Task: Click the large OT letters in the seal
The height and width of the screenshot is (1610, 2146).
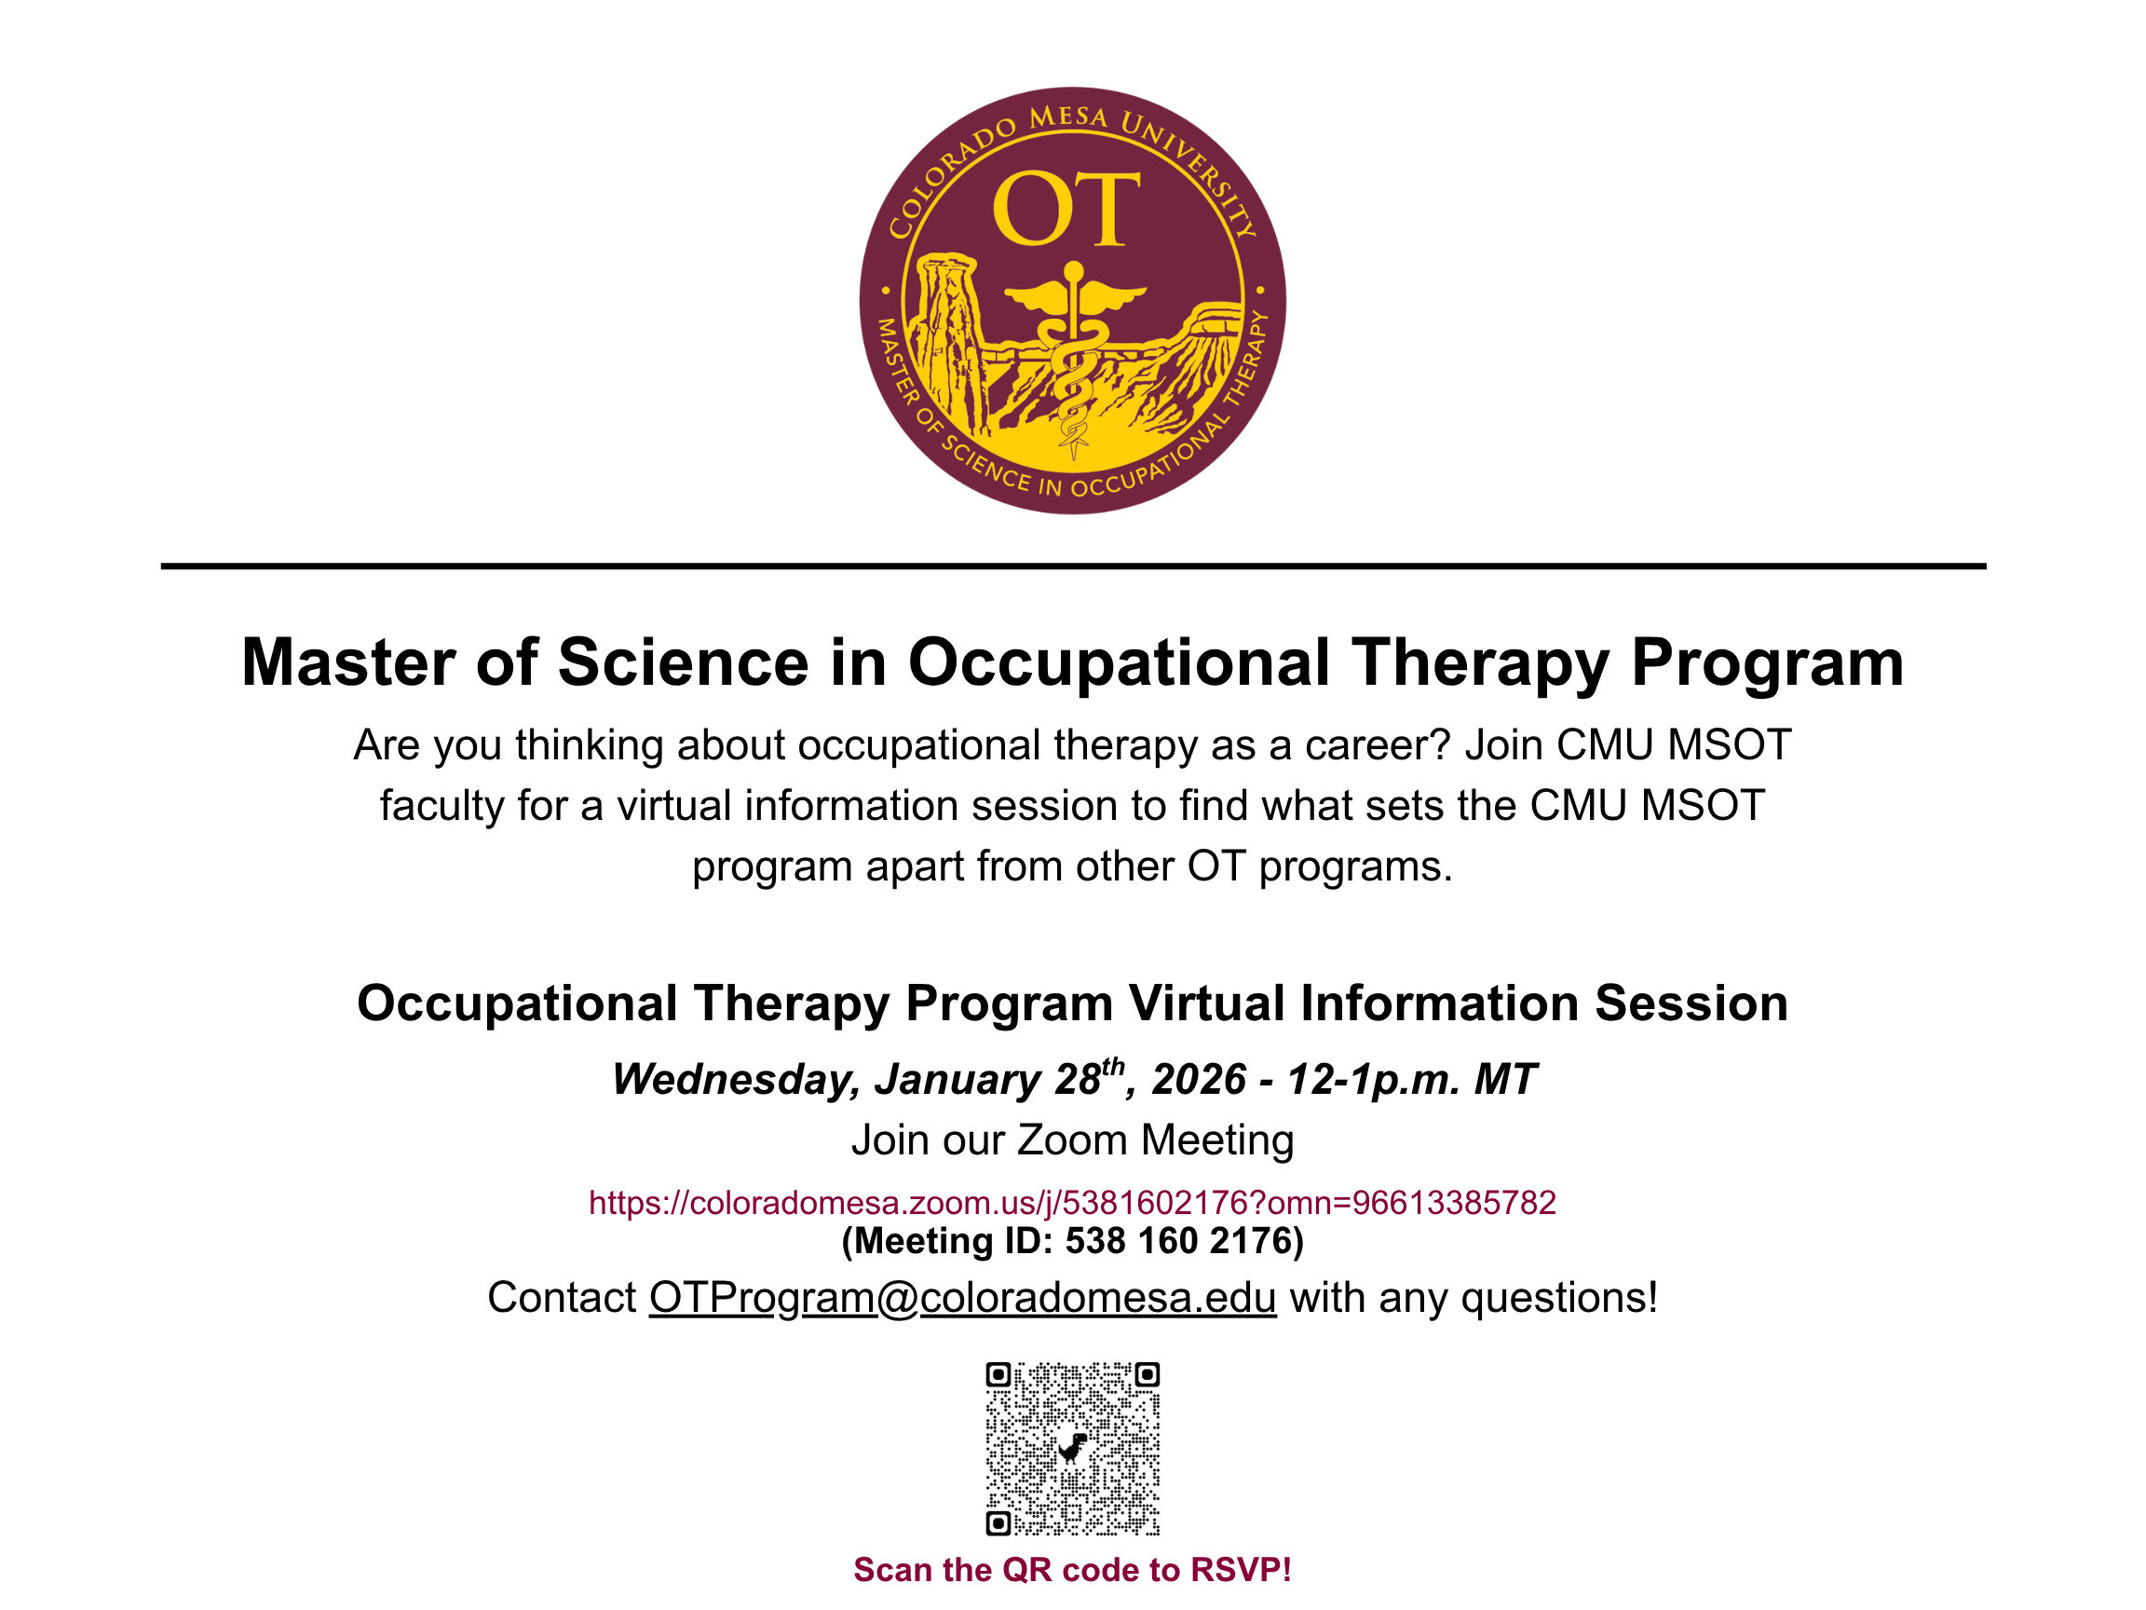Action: pos(1066,209)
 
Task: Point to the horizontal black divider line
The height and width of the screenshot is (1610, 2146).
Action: pos(1073,566)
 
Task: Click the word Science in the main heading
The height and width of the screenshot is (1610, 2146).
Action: pos(683,662)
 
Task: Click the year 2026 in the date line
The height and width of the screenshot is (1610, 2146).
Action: pos(1198,1080)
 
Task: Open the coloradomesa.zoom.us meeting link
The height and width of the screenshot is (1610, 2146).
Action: pos(1072,1204)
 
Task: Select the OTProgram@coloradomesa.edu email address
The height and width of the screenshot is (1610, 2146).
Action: pos(962,1299)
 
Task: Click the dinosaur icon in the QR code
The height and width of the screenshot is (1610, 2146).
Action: pos(1072,1447)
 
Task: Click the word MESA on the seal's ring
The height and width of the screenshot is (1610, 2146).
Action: pos(1068,117)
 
